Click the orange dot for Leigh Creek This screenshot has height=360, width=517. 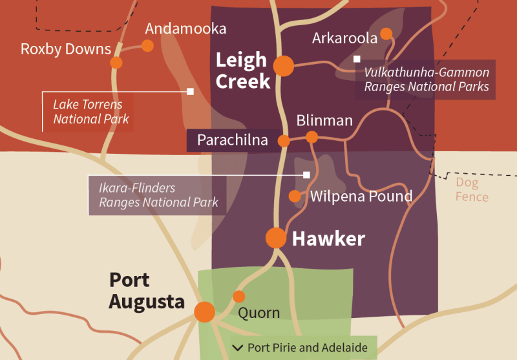[x=283, y=65]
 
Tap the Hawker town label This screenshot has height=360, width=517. [x=328, y=238]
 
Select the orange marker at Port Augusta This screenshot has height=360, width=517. [x=205, y=312]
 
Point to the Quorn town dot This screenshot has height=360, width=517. [x=239, y=297]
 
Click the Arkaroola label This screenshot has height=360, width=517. [x=344, y=38]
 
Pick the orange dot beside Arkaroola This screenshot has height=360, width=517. [x=386, y=34]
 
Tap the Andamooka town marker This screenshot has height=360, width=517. [x=147, y=45]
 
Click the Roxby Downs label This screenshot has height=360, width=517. [x=66, y=49]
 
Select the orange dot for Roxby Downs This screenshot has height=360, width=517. [x=116, y=63]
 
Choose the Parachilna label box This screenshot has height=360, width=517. [x=232, y=140]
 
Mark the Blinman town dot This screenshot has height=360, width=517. [x=311, y=137]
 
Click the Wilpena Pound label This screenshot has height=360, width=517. [x=361, y=196]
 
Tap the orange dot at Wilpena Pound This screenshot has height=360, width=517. [x=295, y=196]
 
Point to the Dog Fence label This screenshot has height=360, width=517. [x=472, y=189]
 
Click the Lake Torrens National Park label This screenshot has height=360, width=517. [x=90, y=111]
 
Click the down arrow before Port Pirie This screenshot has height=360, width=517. [x=238, y=348]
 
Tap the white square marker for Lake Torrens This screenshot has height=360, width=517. [x=190, y=91]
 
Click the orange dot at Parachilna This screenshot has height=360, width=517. [x=284, y=140]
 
